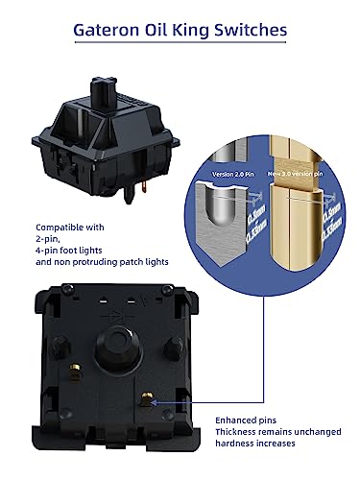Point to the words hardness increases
253,444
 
